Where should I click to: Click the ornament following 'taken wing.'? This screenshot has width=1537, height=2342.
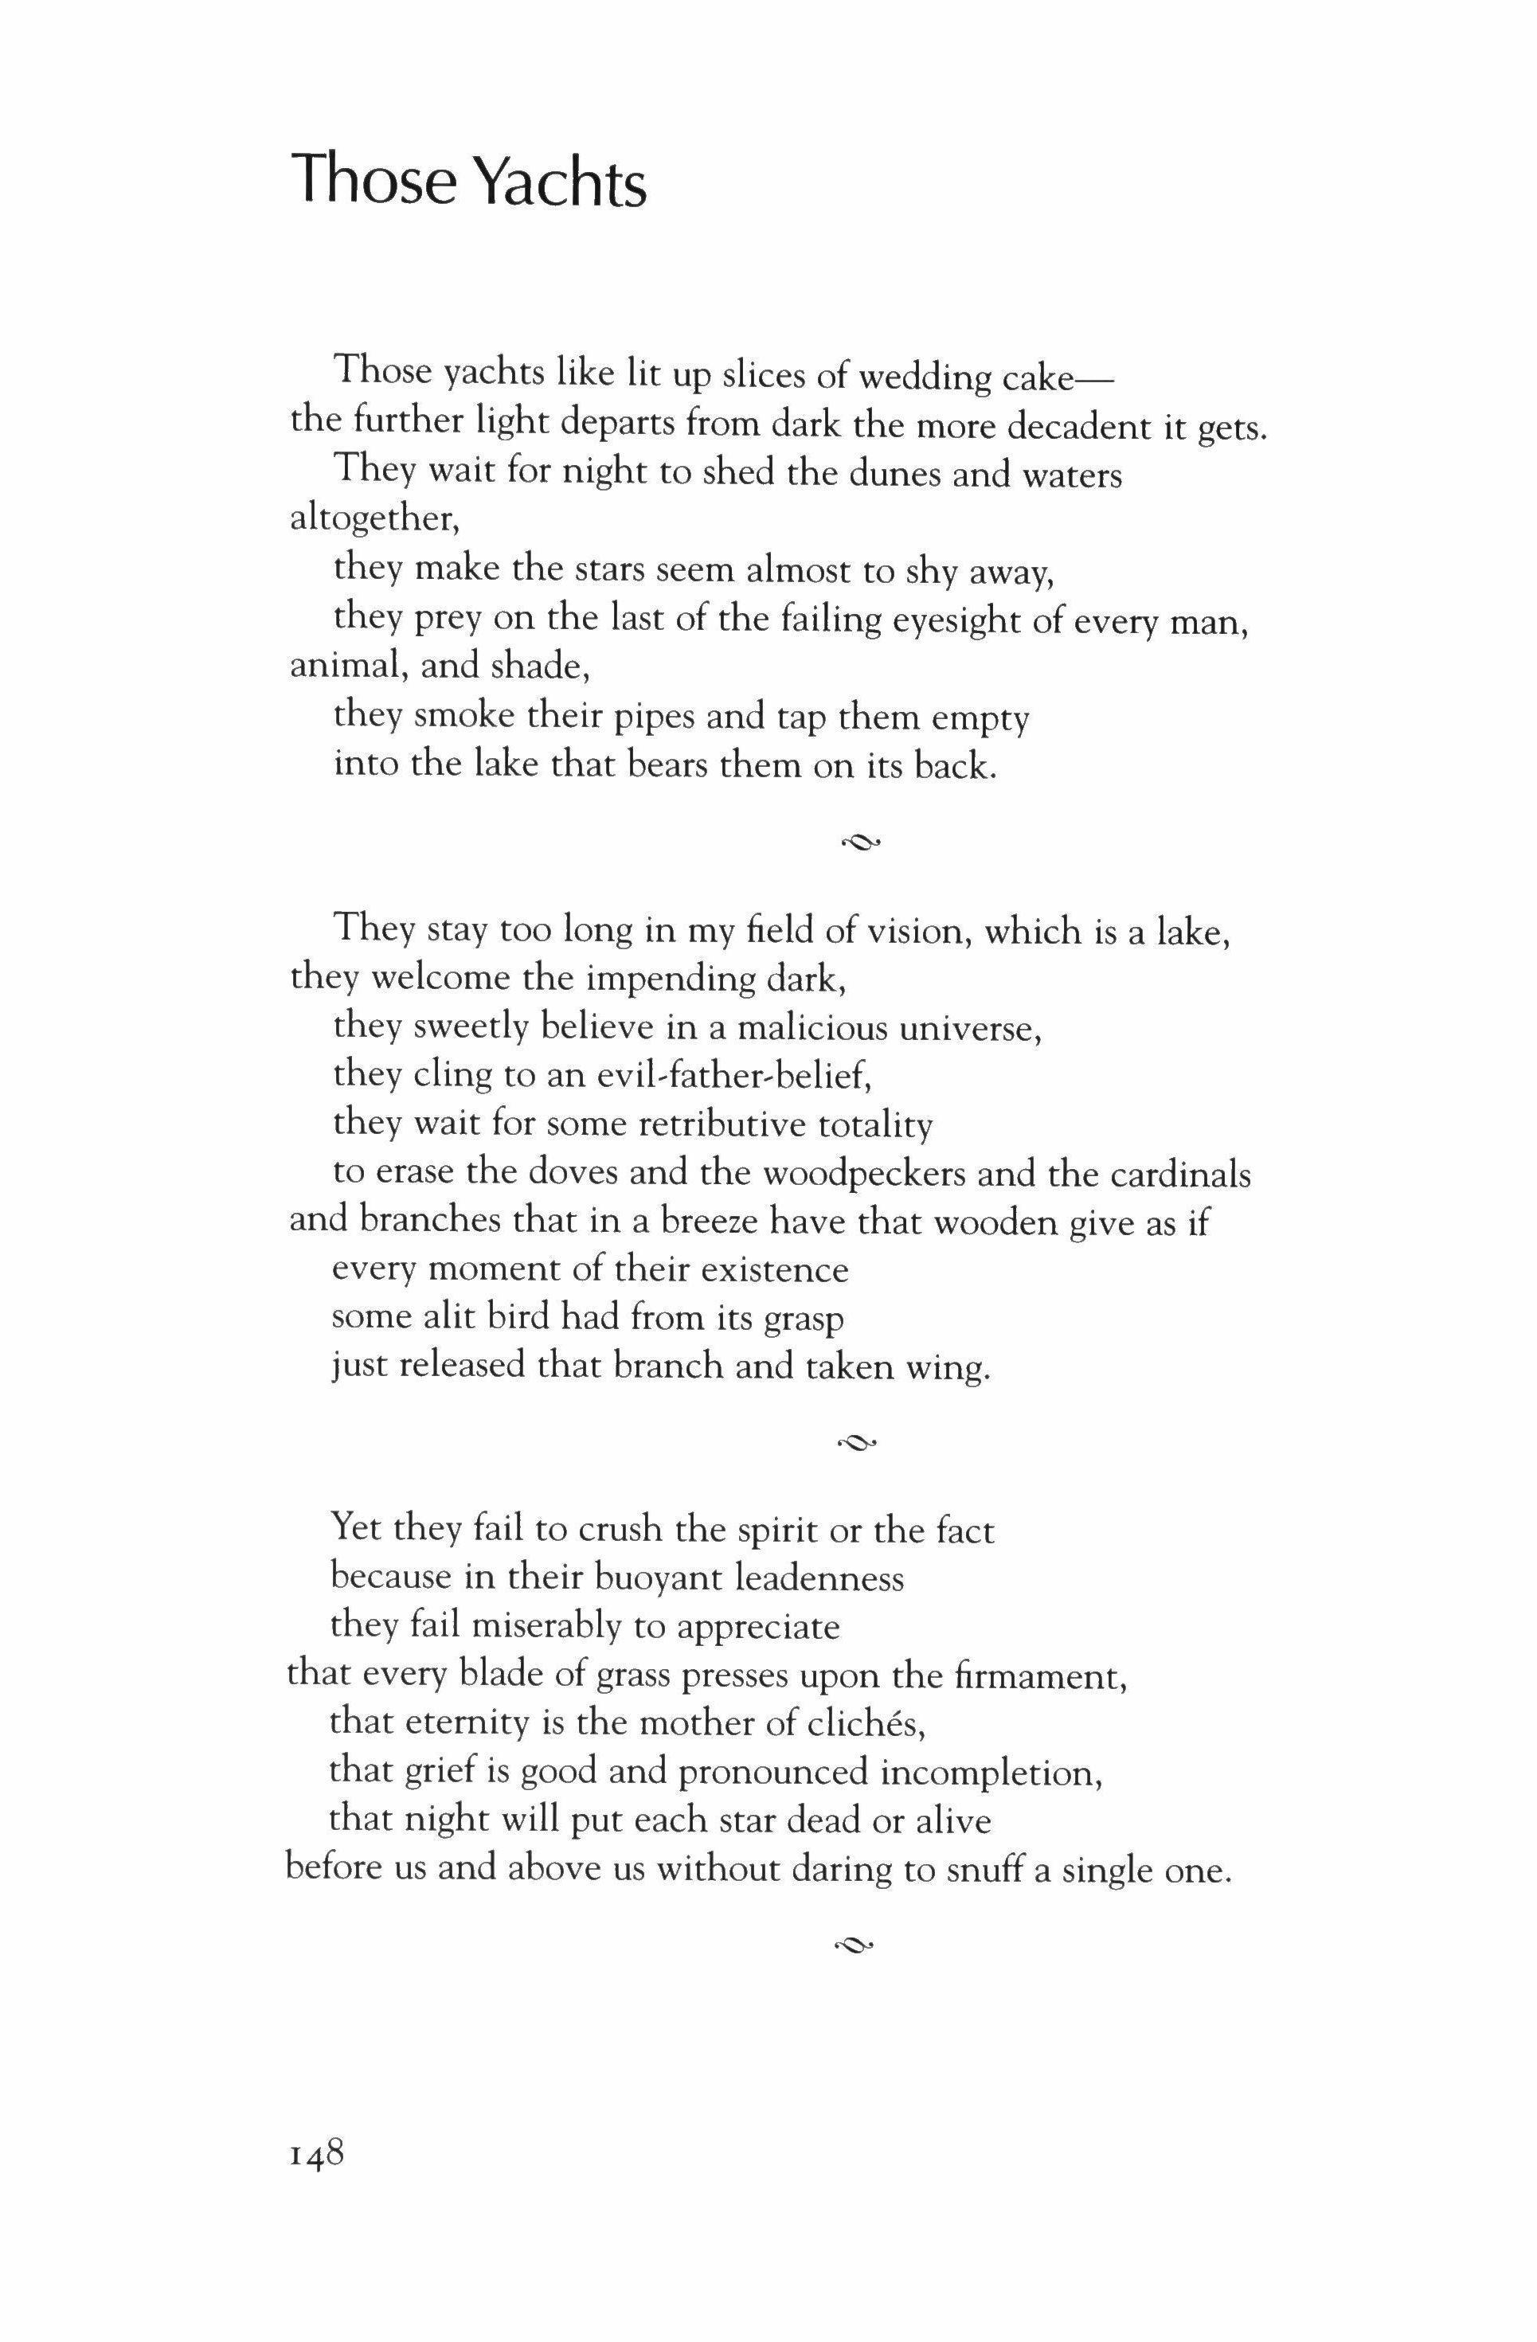tap(856, 1443)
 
